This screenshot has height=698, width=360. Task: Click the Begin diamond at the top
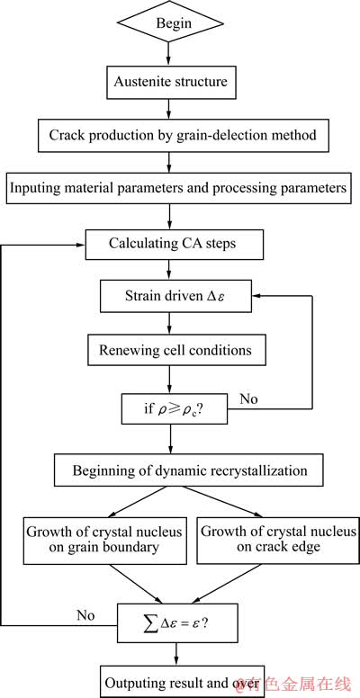[169, 23]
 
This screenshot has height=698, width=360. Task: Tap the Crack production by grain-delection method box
[183, 134]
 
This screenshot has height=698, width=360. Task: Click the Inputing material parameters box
[178, 188]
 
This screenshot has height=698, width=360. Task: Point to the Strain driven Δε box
[175, 297]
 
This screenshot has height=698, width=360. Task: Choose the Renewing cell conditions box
[175, 350]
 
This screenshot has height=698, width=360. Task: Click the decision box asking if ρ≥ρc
[175, 409]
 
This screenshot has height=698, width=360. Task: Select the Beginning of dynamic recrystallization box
[188, 470]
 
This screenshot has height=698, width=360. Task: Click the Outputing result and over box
[182, 682]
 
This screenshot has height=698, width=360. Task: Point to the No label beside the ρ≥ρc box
[248, 398]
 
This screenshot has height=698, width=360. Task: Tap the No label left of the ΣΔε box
[85, 615]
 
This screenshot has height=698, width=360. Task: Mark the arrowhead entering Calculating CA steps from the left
[82, 245]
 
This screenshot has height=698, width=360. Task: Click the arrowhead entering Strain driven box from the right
[256, 297]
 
